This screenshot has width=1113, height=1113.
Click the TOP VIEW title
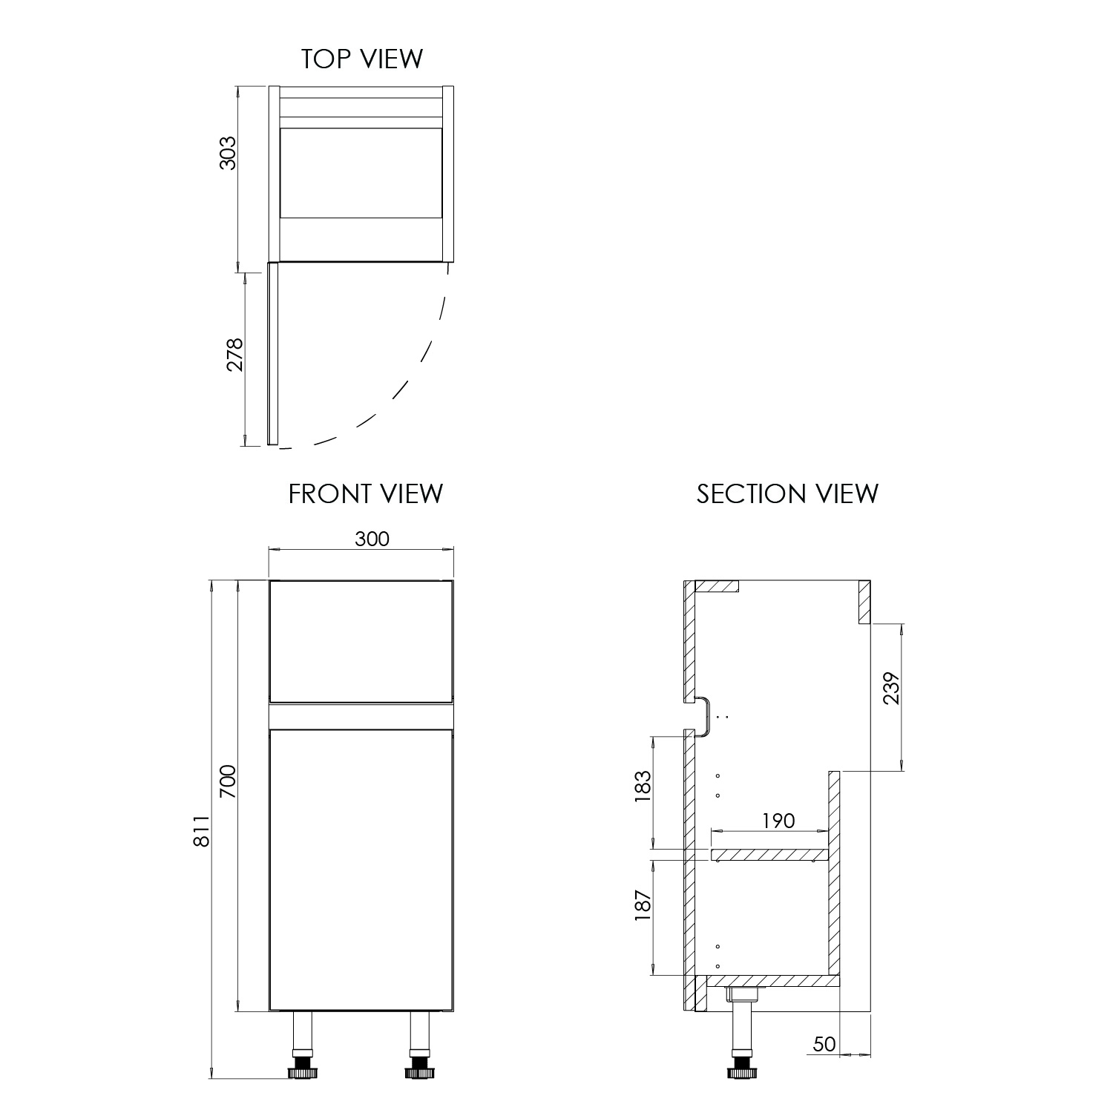point(361,59)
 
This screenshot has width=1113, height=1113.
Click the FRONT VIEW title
point(365,493)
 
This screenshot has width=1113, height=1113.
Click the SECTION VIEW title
point(787,493)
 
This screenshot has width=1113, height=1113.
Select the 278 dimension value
point(235,355)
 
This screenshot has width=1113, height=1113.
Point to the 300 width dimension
point(372,539)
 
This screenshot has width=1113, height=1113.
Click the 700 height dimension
point(228,781)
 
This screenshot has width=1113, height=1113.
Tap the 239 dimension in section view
point(891,688)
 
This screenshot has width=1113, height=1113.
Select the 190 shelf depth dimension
point(777,821)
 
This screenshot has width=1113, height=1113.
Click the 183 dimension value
point(643,787)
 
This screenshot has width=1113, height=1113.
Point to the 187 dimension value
point(643,905)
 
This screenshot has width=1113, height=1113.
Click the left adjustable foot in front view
point(302,1071)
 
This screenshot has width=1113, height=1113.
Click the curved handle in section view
point(705,716)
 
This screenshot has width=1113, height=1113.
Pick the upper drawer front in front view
point(361,640)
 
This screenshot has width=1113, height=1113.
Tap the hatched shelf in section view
point(769,856)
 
